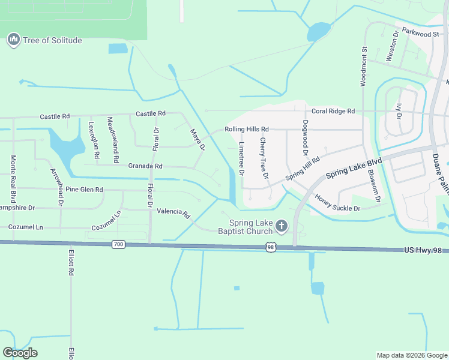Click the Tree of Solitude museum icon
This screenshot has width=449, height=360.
[13, 40]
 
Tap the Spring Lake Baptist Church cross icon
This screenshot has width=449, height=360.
[281, 226]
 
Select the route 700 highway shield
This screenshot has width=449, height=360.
[118, 244]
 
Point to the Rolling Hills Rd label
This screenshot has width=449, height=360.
[246, 129]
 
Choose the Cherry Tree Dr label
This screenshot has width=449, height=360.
[263, 158]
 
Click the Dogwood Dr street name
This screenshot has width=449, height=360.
[306, 135]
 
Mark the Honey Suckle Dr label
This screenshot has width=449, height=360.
[337, 203]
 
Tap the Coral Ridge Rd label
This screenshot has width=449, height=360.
[333, 111]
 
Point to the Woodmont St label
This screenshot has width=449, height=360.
[363, 67]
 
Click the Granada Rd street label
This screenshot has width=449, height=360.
[145, 166]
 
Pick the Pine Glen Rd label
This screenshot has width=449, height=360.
[85, 190]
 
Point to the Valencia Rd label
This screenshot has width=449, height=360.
[173, 213]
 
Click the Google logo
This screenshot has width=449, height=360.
[20, 353]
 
